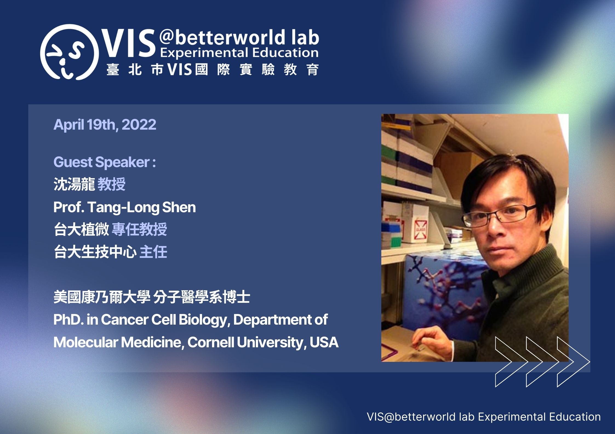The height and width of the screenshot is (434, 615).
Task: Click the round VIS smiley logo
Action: (70, 52)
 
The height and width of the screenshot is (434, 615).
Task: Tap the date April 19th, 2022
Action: (105, 125)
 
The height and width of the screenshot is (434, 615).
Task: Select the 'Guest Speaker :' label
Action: (105, 162)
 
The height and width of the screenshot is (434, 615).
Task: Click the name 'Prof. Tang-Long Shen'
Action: (125, 207)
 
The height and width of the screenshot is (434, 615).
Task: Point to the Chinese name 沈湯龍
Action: (74, 184)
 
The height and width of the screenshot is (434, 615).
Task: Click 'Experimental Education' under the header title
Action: (239, 53)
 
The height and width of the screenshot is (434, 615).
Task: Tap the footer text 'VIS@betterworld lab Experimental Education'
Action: (484, 417)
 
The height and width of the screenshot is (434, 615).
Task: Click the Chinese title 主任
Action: (153, 252)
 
